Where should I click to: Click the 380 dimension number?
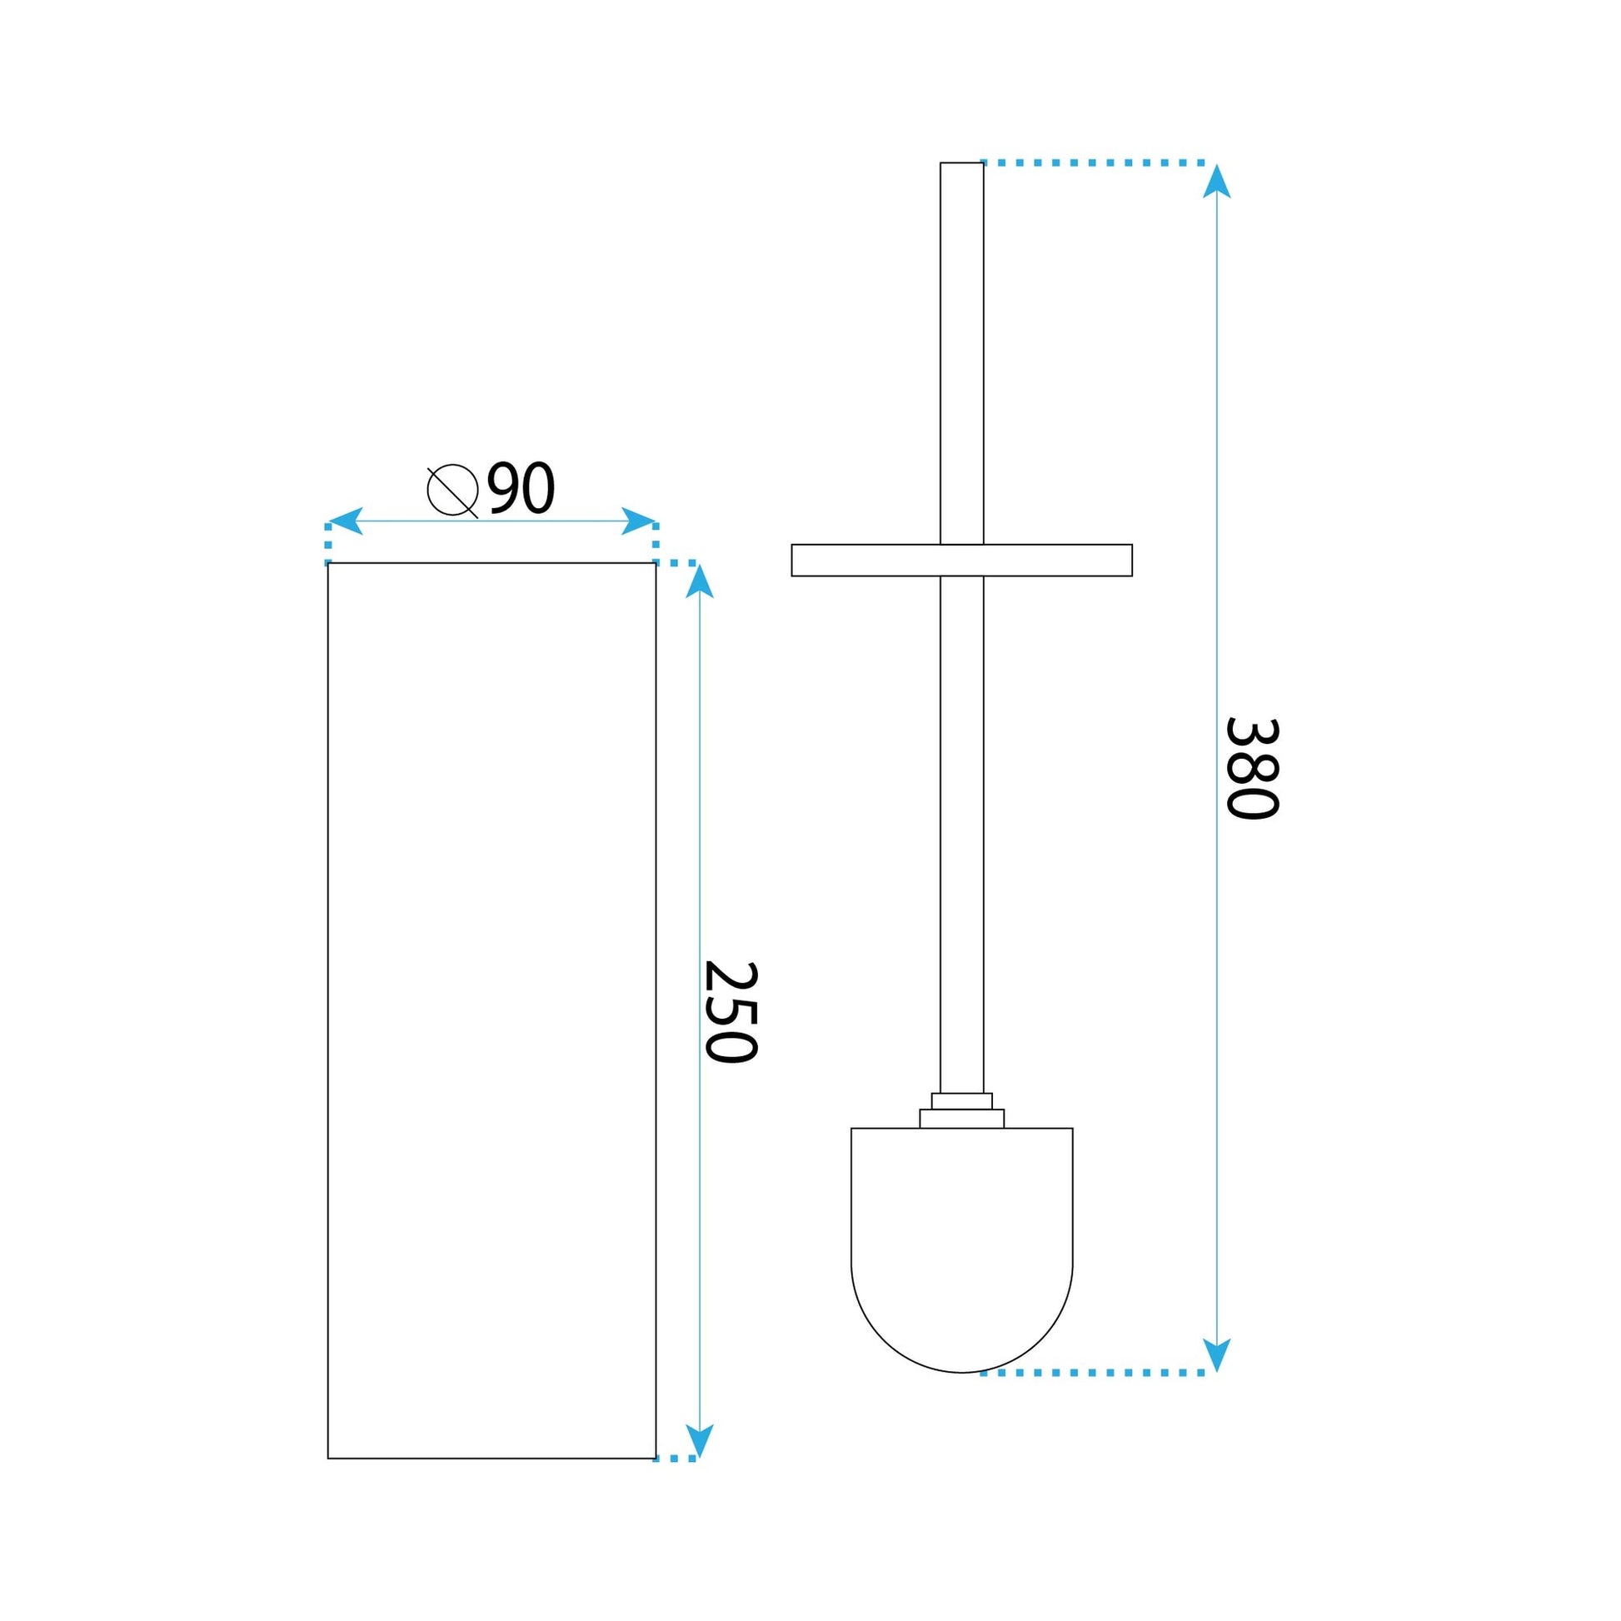tap(1251, 769)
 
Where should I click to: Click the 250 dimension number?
tap(730, 1012)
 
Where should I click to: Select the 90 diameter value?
tap(521, 488)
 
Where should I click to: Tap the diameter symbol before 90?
tap(452, 491)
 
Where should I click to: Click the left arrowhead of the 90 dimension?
tap(343, 521)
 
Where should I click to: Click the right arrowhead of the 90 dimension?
tap(640, 521)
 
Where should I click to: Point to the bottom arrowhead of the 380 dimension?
tap(1217, 1355)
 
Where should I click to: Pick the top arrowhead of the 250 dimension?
tap(700, 581)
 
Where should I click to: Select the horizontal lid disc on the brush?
tap(961, 561)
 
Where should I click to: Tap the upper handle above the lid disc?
tap(961, 352)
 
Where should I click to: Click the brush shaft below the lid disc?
tap(961, 830)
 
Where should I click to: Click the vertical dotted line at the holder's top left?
tap(328, 543)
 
